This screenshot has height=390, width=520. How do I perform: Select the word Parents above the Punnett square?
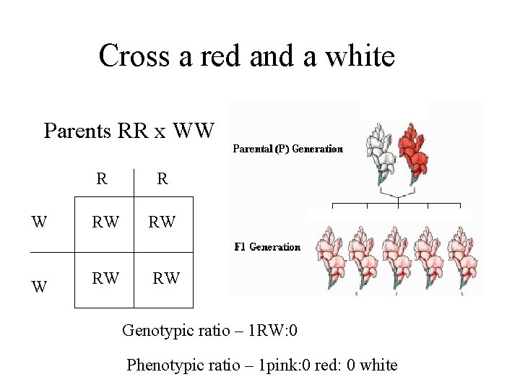tap(77, 131)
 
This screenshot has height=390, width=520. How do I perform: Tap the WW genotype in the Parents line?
tap(194, 131)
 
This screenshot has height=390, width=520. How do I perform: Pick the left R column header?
tap(103, 178)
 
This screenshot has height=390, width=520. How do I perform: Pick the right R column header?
tap(162, 178)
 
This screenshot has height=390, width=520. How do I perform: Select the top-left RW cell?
tap(105, 222)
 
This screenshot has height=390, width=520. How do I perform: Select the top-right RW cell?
tap(162, 222)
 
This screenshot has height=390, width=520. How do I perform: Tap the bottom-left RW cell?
tap(105, 277)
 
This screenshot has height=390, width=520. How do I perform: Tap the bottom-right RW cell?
tap(166, 277)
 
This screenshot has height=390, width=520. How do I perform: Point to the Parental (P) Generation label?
tap(287, 149)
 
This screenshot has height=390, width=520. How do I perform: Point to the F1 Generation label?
tap(267, 247)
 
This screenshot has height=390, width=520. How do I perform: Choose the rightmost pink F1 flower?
tap(461, 256)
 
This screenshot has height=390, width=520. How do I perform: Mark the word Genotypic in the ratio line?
tap(155, 331)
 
